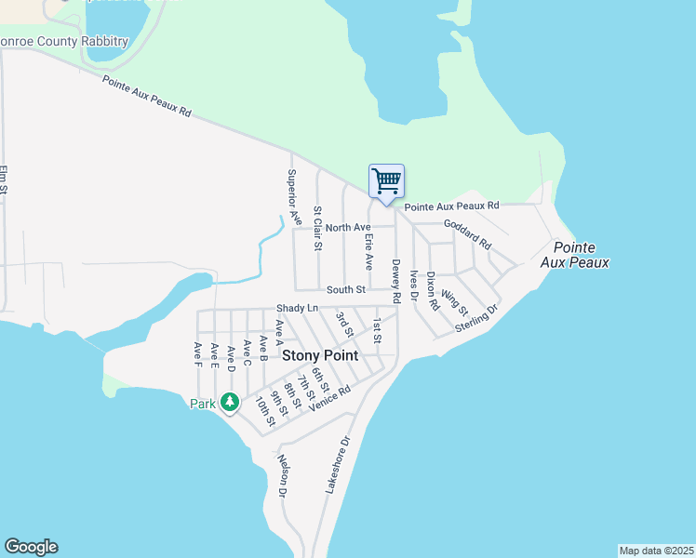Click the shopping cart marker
(x=386, y=180)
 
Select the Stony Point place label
(x=320, y=355)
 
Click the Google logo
(x=31, y=547)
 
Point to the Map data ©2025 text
(x=656, y=551)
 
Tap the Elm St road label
(x=4, y=180)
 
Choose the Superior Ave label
(x=294, y=197)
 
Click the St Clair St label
(x=317, y=229)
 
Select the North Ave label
(x=348, y=228)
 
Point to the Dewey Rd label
(x=396, y=281)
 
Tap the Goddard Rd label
(x=467, y=234)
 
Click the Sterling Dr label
(x=477, y=316)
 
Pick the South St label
(x=345, y=291)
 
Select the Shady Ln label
(x=297, y=308)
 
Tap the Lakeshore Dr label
(x=337, y=464)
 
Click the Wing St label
(x=454, y=301)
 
